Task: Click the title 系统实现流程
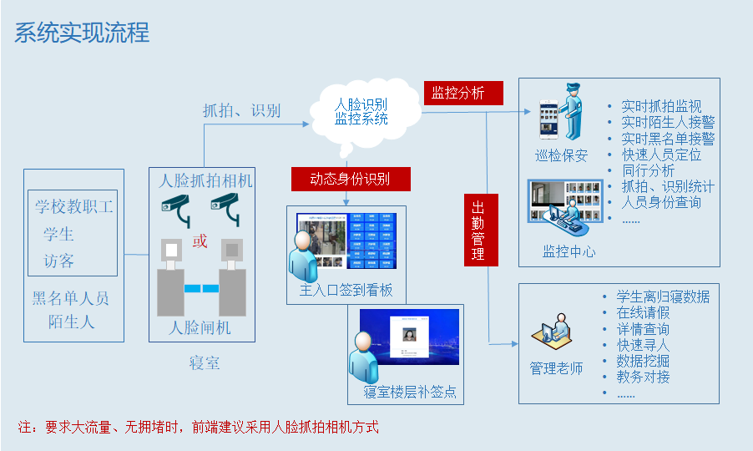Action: coord(82,32)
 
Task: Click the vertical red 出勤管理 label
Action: coord(480,230)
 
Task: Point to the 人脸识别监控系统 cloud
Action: coord(361,112)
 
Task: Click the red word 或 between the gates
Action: coord(200,241)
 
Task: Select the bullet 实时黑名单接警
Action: coord(668,139)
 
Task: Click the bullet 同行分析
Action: coord(648,170)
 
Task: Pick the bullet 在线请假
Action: coord(643,312)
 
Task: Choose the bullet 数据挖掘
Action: coord(643,361)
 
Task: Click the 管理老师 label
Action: coord(556,368)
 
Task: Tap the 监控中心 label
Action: coord(569,251)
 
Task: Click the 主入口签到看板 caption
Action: coord(346,291)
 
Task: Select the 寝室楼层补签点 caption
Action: coord(410,393)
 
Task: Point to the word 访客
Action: coord(58,261)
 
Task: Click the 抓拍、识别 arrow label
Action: coord(241,110)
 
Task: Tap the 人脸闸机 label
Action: coord(200,328)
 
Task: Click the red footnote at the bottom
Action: coord(198,427)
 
